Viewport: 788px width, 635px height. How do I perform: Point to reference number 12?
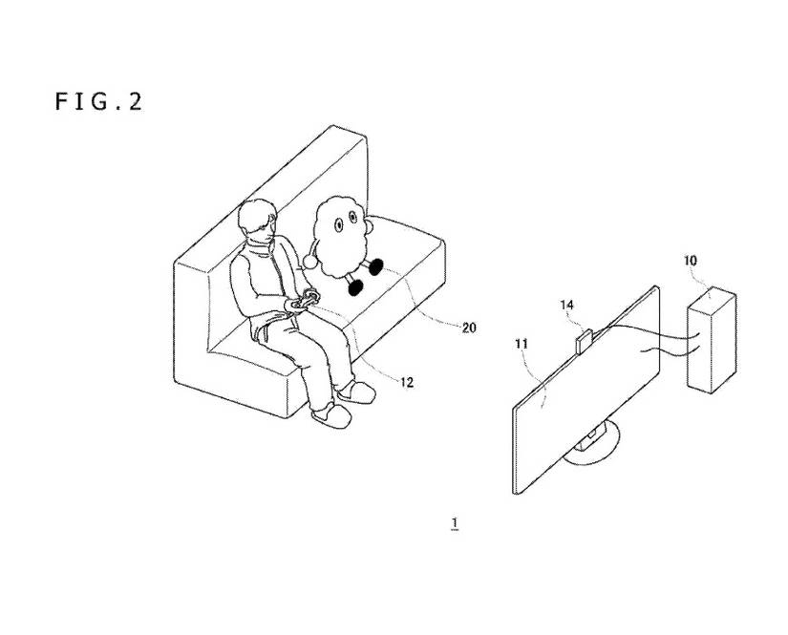[x=406, y=382]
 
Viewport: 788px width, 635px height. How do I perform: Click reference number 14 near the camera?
[x=566, y=306]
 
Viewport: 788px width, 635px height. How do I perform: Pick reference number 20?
[x=468, y=328]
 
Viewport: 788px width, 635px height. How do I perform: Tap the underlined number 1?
[x=456, y=522]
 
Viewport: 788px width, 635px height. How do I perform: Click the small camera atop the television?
[x=584, y=341]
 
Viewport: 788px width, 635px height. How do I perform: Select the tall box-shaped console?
[x=711, y=342]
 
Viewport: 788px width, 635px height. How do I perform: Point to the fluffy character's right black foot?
[x=377, y=267]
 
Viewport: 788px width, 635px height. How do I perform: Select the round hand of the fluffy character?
[x=311, y=260]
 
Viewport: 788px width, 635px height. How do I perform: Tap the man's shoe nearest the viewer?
[x=330, y=413]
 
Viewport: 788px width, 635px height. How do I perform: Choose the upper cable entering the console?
[x=669, y=333]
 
